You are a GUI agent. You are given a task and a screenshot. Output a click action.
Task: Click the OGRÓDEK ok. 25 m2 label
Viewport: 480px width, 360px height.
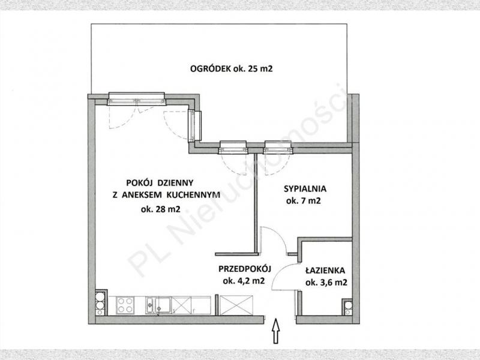pyautogui.click(x=231, y=68)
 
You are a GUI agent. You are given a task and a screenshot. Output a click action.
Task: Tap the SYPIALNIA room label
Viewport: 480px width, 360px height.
pyautogui.click(x=305, y=188)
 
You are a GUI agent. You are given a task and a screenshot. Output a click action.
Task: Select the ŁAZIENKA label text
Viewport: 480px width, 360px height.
pyautogui.click(x=325, y=271)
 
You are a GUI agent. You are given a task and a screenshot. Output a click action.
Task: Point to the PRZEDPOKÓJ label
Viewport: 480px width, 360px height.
pyautogui.click(x=245, y=269)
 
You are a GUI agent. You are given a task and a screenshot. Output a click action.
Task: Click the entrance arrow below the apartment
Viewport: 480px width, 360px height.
pyautogui.click(x=276, y=331)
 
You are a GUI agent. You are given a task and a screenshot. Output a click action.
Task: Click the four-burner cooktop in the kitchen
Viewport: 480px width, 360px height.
pyautogui.click(x=125, y=305)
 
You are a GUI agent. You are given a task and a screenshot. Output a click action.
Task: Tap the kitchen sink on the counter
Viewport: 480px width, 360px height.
pyautogui.click(x=158, y=305)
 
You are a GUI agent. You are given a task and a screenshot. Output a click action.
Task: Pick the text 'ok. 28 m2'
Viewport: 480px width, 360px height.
pyautogui.click(x=160, y=209)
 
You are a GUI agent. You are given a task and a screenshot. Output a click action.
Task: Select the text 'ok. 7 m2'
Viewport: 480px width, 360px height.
pyautogui.click(x=304, y=201)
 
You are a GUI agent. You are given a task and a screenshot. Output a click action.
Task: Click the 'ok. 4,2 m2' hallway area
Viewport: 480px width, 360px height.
pyautogui.click(x=244, y=281)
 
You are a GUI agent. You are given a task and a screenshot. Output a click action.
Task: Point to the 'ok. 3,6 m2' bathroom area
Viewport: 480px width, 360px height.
pyautogui.click(x=326, y=282)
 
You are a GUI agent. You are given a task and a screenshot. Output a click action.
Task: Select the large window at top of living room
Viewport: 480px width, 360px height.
pyautogui.click(x=137, y=99)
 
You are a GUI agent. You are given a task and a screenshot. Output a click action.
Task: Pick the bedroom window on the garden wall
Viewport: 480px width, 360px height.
pyautogui.click(x=278, y=147)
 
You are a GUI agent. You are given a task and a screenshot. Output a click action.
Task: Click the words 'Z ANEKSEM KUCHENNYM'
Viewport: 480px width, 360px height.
pyautogui.click(x=166, y=194)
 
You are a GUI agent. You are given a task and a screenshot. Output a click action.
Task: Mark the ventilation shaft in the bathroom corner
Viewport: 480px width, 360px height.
pyautogui.click(x=348, y=307)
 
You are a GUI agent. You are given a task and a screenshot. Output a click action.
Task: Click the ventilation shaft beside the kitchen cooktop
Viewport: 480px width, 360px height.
pyautogui.click(x=101, y=303)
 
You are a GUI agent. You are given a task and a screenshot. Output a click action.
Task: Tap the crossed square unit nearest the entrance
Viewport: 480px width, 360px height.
pyautogui.click(x=236, y=305)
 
